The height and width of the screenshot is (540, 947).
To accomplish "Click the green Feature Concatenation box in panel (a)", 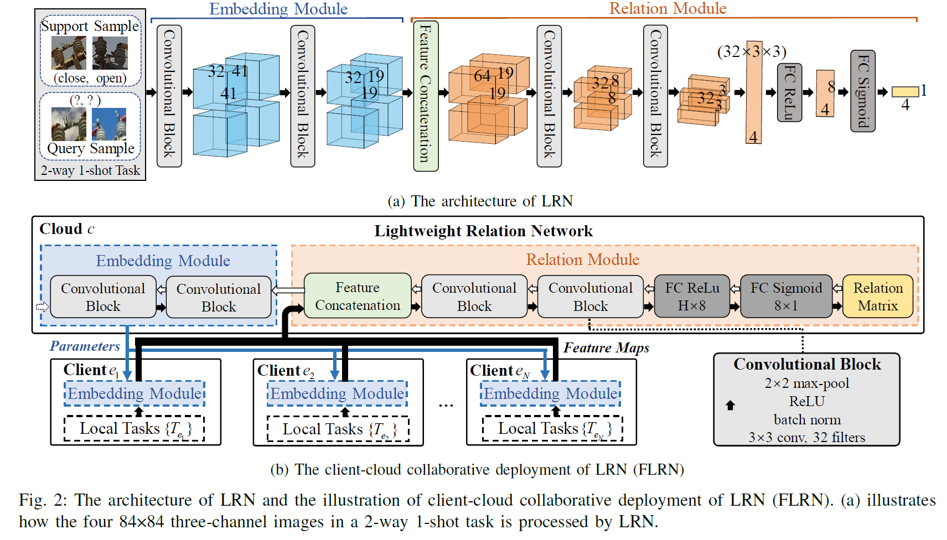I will [x=426, y=96].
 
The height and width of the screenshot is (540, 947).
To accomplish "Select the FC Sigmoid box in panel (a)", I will [x=862, y=91].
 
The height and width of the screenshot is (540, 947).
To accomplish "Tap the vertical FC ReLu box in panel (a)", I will [x=789, y=92].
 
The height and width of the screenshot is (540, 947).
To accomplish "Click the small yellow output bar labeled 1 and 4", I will [x=905, y=92].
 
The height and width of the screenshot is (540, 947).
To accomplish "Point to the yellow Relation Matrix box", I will [x=877, y=297].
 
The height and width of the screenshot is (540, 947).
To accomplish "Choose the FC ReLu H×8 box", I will [x=692, y=297].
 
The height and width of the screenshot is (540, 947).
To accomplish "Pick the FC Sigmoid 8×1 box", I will [x=786, y=297].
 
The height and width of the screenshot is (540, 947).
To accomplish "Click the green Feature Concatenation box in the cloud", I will [x=358, y=296].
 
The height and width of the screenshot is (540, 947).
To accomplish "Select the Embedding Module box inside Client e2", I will [x=338, y=393].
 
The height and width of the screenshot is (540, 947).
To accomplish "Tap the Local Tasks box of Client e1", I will [x=134, y=429].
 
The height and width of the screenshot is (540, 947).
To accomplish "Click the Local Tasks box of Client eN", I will [x=552, y=429].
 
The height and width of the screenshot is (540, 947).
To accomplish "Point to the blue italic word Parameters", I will [x=85, y=346].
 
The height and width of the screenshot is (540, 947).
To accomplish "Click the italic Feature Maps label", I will [x=606, y=348].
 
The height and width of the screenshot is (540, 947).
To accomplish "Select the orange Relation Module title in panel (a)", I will [x=667, y=8].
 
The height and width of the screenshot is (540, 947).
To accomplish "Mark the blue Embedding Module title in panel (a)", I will [x=278, y=9].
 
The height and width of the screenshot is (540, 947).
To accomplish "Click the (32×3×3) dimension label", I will [x=751, y=51].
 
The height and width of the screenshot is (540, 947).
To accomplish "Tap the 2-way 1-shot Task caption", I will [x=90, y=170].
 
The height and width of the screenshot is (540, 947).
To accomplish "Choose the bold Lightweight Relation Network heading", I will [x=483, y=231].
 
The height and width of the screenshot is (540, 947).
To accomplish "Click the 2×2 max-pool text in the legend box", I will [x=806, y=383].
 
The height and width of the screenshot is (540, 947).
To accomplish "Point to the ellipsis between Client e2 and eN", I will [x=446, y=406].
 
